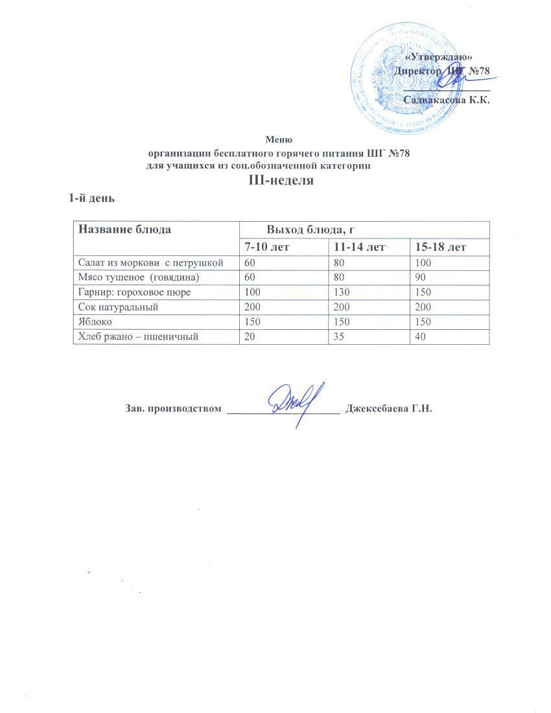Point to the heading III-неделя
tap(281, 181)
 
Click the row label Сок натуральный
tap(117, 307)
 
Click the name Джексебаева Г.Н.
tap(388, 409)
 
